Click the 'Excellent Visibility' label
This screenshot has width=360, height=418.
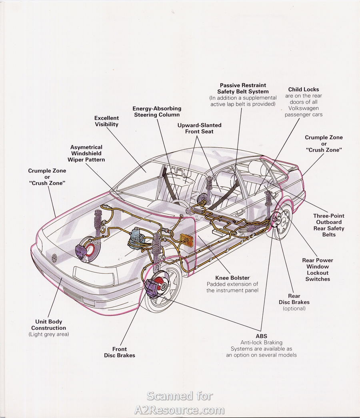106,121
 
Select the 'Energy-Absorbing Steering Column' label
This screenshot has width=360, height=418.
157,112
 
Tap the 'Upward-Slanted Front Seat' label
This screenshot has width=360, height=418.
199,128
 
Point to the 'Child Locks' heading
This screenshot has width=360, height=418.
303,89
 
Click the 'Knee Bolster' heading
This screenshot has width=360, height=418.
232,277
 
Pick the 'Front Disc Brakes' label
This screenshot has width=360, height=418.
120,352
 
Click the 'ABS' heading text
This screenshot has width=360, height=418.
261,336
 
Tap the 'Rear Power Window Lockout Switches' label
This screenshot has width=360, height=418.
318,269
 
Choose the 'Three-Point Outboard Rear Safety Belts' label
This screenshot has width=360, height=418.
329,225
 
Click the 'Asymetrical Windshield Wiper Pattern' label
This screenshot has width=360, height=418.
86,153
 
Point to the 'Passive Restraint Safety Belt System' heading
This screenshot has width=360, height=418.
243,88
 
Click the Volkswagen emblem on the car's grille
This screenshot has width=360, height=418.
55,257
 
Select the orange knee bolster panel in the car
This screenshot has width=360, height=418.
185,242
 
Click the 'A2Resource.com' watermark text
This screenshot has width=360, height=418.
180,410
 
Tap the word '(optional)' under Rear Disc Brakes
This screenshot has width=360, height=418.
294,308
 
